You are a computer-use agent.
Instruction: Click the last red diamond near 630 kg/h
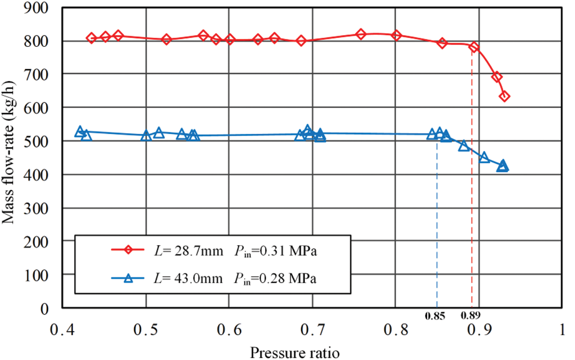pyautogui.click(x=504, y=97)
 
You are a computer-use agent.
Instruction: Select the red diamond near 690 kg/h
pyautogui.click(x=496, y=77)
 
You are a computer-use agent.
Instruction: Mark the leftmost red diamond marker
pyautogui.click(x=91, y=38)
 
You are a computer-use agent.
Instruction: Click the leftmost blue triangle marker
pyautogui.click(x=80, y=131)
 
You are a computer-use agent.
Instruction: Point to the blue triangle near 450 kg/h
pyautogui.click(x=484, y=157)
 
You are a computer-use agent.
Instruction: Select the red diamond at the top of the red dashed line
pyautogui.click(x=474, y=47)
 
